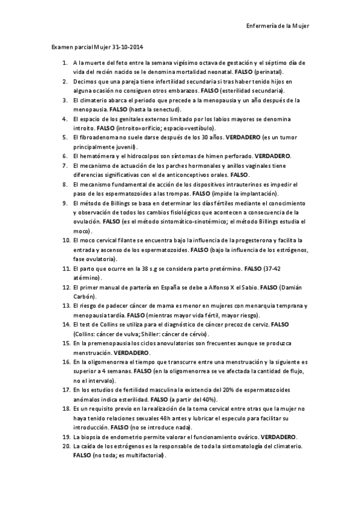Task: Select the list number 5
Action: [64, 137]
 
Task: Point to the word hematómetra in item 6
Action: [97, 156]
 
